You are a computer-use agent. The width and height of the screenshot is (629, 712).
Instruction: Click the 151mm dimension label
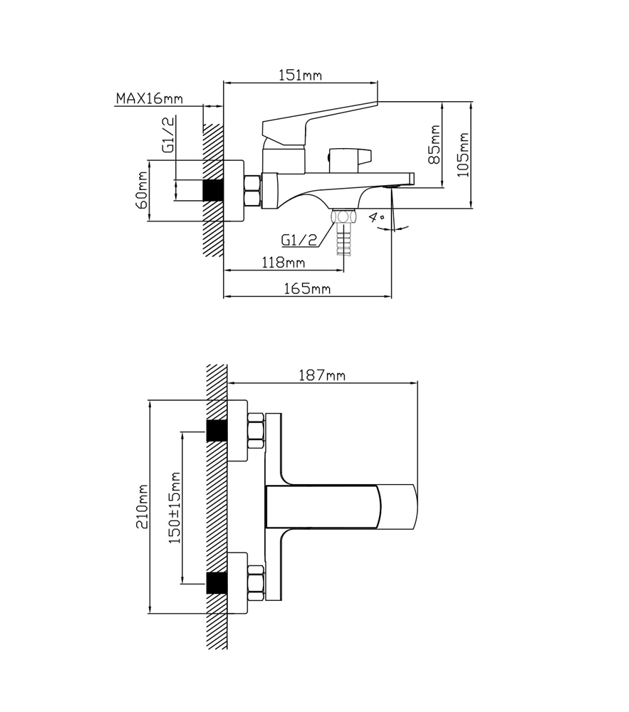click(300, 75)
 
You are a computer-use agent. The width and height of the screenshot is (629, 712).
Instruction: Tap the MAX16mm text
click(150, 98)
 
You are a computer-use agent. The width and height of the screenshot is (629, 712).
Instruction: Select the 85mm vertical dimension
click(435, 145)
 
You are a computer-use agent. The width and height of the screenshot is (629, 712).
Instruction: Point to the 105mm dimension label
click(463, 155)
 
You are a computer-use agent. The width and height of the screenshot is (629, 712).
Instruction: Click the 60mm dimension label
click(141, 190)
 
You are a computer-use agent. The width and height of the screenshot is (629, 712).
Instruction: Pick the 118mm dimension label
click(284, 263)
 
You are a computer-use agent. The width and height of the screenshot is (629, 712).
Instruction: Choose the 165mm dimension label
click(307, 288)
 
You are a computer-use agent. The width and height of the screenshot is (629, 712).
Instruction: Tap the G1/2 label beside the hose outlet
click(299, 239)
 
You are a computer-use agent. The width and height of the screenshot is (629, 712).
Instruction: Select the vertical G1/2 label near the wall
click(168, 134)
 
